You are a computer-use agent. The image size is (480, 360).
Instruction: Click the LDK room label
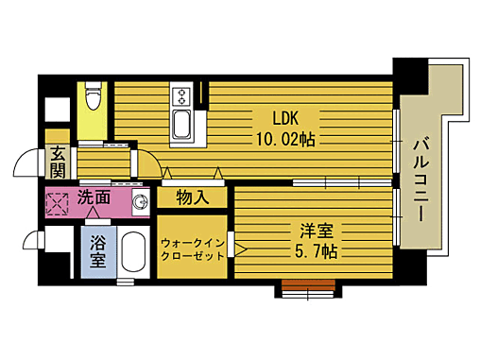287,119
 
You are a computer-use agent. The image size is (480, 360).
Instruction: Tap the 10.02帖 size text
287,138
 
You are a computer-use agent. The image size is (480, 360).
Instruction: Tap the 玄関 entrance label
59,163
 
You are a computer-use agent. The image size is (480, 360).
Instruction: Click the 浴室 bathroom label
98,251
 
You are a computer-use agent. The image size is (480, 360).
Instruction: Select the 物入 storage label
193,199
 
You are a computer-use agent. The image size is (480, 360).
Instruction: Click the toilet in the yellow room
92,96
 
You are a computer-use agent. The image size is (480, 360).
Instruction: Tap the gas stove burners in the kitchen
180,95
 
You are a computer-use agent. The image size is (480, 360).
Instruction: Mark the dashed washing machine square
59,202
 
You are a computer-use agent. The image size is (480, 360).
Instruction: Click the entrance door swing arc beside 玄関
23,166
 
